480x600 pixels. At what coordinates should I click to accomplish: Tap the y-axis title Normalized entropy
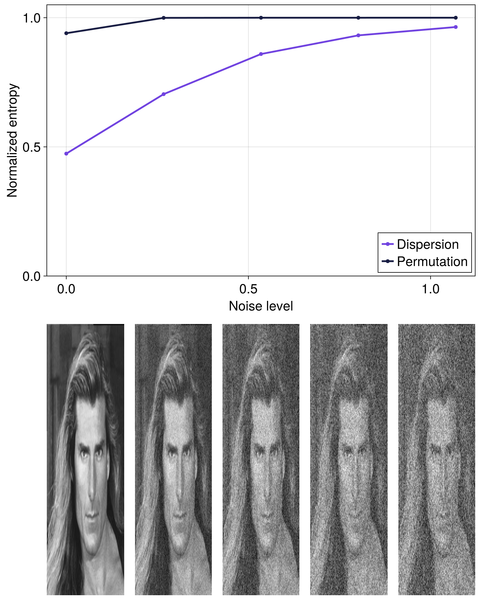click(x=12, y=140)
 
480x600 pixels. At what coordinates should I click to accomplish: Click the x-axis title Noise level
click(x=261, y=306)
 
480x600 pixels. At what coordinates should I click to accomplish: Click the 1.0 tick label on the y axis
click(x=31, y=18)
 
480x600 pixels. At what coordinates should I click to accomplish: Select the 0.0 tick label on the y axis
click(x=31, y=276)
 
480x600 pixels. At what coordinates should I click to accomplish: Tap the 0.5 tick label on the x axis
click(x=248, y=289)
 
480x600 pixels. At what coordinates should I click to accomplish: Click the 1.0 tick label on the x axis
click(x=430, y=289)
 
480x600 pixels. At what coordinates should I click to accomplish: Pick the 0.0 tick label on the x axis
click(x=66, y=289)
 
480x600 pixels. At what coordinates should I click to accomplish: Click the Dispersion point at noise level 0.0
click(x=66, y=154)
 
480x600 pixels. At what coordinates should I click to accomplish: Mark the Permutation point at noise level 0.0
click(x=66, y=33)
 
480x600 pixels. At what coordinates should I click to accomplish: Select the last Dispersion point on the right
click(x=456, y=27)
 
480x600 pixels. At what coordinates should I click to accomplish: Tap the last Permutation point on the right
click(x=456, y=18)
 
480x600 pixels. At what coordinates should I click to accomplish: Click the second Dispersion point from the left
click(x=163, y=94)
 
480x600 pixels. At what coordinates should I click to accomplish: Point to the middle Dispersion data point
click(x=261, y=54)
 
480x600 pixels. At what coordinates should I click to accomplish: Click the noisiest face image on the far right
click(x=436, y=459)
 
